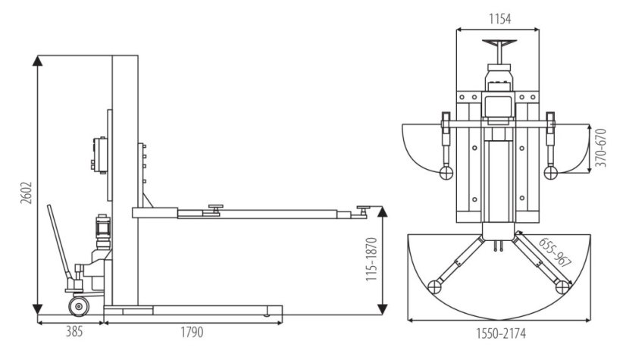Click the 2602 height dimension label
pos(26,193)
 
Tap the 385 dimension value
pos(75,332)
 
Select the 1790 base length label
pos(192,332)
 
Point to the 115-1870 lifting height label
pos(371,259)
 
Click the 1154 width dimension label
pos(500,19)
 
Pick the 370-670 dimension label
pos(600,148)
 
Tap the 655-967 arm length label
pos(555,252)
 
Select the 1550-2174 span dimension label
pos(501,333)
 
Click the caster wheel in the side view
pos(79,306)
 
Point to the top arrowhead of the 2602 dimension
pos(38,61)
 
